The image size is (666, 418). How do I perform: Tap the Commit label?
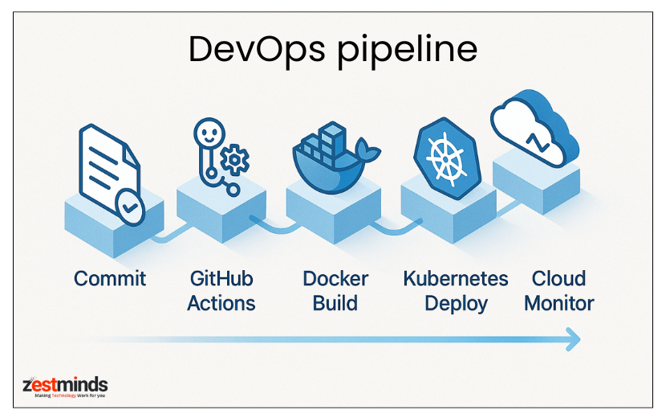point(110,279)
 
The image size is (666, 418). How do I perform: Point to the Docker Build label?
point(335,291)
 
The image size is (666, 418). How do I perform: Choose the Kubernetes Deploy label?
point(455,291)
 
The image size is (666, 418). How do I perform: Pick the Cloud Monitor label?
point(558,291)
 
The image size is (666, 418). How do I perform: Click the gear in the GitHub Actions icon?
point(235,160)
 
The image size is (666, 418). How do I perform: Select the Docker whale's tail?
point(370,148)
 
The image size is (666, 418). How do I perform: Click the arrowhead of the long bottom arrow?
point(571,339)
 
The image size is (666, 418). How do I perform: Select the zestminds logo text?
point(65,383)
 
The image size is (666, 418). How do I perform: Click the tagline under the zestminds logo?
point(65,396)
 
